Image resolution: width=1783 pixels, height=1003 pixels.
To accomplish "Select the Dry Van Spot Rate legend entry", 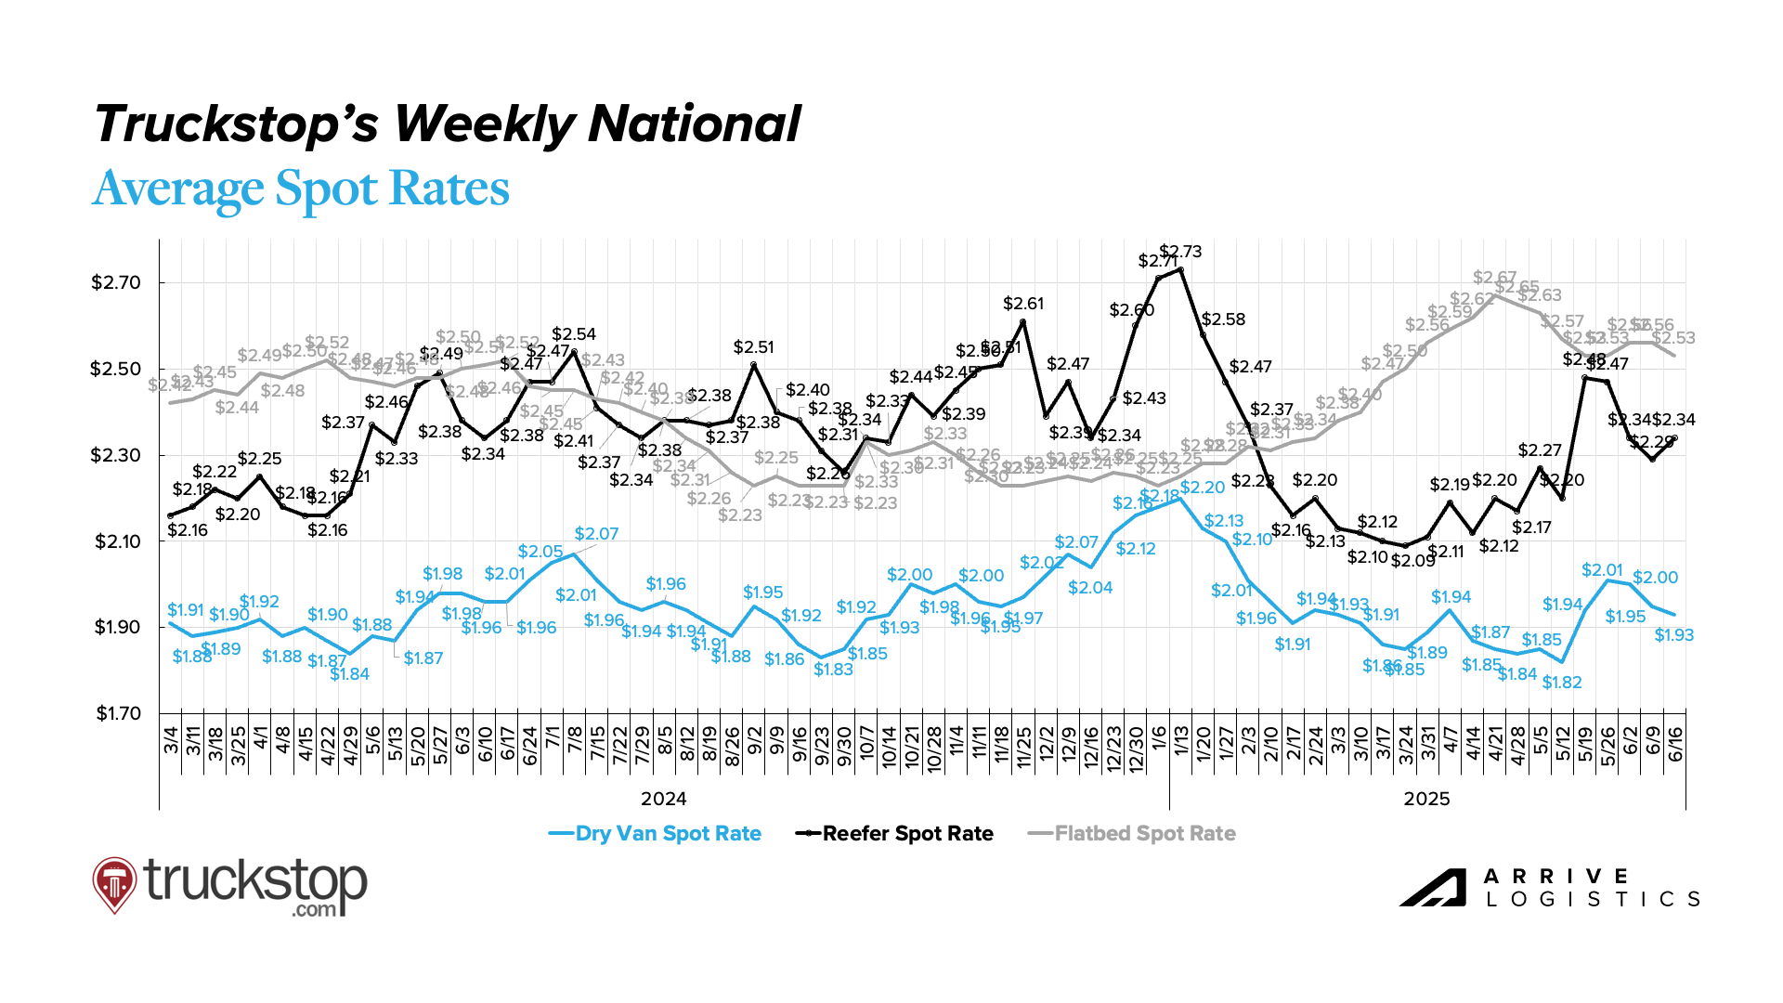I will coord(668,834).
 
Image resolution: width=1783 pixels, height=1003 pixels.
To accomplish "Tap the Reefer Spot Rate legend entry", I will coord(907,834).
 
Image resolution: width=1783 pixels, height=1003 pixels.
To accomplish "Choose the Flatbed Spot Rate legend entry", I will coord(1144,834).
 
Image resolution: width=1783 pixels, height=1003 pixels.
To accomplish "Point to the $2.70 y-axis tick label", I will coord(116,283).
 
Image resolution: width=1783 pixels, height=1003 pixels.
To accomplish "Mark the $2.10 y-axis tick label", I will coord(116,542).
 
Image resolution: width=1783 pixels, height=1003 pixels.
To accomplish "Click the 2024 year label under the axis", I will coord(664,800).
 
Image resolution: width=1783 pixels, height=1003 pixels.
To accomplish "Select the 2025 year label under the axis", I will coord(1426,800).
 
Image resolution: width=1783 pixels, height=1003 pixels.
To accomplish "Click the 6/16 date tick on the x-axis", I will coord(1675,744).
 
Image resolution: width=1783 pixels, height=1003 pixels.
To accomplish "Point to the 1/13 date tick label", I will coord(1181,744).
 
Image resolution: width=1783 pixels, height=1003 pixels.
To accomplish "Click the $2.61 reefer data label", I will coord(1023,304).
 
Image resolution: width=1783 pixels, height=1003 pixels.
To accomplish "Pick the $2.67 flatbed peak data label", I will coord(1494,278).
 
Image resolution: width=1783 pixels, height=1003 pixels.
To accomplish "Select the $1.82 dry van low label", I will coord(1562,683).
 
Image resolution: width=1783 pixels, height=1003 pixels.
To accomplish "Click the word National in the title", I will coord(694,124).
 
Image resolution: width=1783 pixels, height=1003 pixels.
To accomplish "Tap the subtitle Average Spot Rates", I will coord(301,189).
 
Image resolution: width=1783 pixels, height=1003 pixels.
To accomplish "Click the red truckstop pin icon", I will coord(114,883).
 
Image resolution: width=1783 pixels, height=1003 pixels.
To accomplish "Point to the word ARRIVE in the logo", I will coord(1555,877).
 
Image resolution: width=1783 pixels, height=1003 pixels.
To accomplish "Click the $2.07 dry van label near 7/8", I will coord(596,534).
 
